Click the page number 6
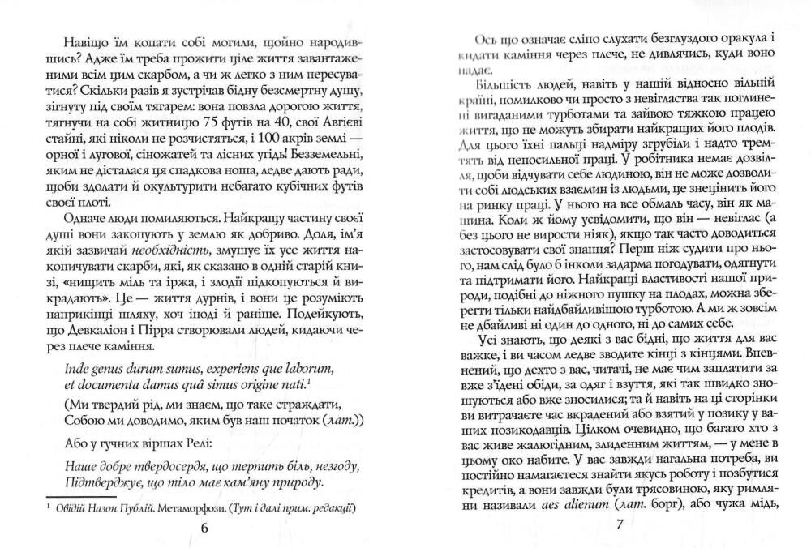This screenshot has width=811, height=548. click(204, 526)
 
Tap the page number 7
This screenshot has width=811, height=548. click(618, 525)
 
